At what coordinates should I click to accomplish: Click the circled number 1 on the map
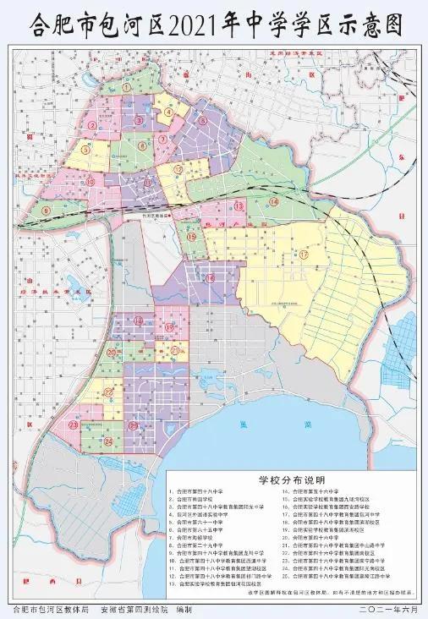tap(126, 87)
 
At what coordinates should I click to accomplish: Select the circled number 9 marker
tap(47, 209)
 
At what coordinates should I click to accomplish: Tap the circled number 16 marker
tap(208, 277)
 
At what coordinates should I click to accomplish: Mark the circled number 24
tap(108, 441)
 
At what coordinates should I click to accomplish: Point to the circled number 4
tap(168, 111)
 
